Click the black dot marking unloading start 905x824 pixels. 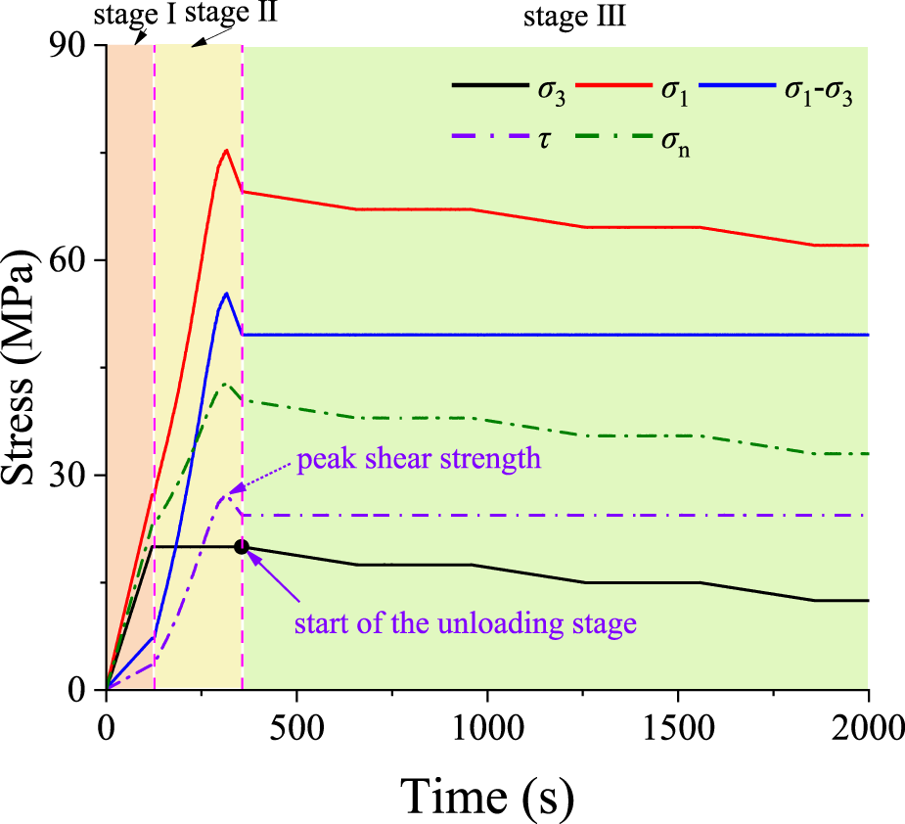click(x=242, y=547)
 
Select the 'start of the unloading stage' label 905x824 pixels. click(x=466, y=623)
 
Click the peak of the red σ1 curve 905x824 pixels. click(x=226, y=150)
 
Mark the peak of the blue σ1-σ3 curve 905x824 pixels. click(x=226, y=293)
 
